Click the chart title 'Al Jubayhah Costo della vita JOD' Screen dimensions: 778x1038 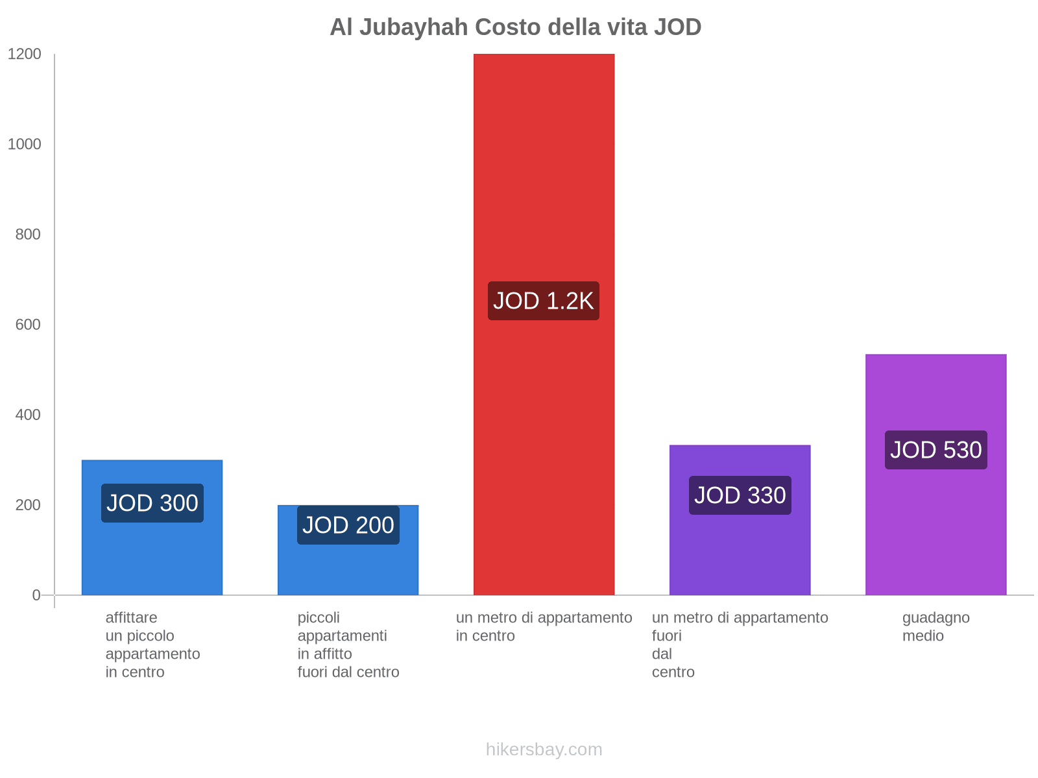[515, 27]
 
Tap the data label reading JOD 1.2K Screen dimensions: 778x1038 [544, 301]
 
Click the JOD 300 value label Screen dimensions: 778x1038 [152, 503]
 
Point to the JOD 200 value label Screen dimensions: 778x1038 [348, 525]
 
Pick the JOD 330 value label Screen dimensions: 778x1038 [740, 495]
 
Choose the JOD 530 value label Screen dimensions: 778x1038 [935, 450]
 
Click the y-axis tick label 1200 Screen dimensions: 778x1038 [25, 54]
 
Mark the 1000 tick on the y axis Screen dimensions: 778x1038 [25, 145]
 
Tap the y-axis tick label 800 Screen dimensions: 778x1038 [28, 235]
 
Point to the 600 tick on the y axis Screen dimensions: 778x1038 [28, 325]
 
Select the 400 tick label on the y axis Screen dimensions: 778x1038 [28, 415]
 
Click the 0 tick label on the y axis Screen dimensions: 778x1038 [36, 595]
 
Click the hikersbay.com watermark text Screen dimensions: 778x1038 [544, 749]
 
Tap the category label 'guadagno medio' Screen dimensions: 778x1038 [935, 627]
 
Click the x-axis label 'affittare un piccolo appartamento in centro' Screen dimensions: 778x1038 [152, 644]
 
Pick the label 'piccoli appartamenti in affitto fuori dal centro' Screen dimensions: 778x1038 [348, 644]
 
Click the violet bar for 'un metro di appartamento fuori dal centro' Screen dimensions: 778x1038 [740, 551]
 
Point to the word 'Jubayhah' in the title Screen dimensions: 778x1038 [413, 27]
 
